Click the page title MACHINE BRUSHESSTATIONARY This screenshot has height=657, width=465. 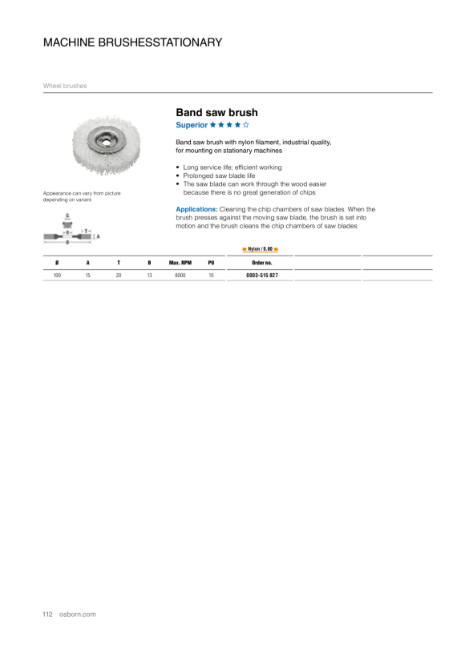click(x=132, y=42)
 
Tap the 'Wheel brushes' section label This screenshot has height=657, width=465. click(x=65, y=86)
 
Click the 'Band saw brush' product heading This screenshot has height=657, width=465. click(x=216, y=113)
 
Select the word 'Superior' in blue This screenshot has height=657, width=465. click(x=192, y=125)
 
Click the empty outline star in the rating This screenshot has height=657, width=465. click(x=245, y=124)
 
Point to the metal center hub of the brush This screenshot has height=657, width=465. click(x=106, y=142)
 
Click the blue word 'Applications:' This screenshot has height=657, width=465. click(x=196, y=209)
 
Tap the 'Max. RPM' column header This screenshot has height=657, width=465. click(x=180, y=263)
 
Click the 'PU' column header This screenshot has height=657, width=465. click(x=211, y=263)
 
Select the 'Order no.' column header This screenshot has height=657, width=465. click(x=262, y=263)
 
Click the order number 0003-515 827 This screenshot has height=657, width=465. click(x=262, y=276)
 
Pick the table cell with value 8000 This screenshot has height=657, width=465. click(x=180, y=276)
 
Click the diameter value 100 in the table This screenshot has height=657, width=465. click(x=57, y=276)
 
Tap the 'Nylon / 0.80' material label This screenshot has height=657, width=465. click(x=260, y=249)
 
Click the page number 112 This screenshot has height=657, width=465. click(x=47, y=615)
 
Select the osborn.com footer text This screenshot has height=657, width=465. click(x=78, y=615)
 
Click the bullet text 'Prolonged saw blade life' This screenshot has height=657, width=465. click(x=219, y=175)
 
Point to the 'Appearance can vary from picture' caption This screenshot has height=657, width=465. click(x=82, y=193)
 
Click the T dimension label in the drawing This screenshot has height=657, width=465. click(x=86, y=231)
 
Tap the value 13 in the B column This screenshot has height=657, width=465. click(x=149, y=276)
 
